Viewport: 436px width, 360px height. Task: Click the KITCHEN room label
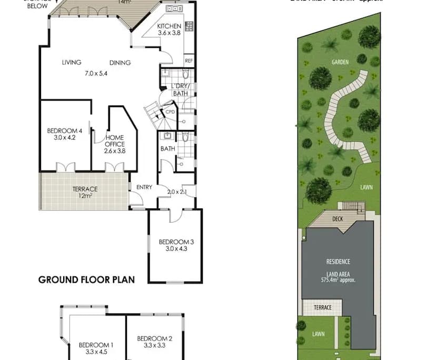169,26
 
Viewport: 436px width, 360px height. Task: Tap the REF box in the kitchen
189,61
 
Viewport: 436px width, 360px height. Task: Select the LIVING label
71,63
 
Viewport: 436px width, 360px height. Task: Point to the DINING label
120,63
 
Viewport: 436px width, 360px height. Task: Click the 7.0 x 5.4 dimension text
96,74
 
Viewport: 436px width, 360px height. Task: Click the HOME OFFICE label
114,141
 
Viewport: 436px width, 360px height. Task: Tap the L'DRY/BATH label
180,89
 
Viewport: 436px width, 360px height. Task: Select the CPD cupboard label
170,112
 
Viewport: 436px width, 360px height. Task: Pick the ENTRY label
144,187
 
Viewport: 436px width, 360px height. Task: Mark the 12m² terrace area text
85,196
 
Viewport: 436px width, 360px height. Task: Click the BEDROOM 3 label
176,242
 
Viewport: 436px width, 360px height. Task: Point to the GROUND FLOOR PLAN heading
86,279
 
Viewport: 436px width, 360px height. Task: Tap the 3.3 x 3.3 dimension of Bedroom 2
155,346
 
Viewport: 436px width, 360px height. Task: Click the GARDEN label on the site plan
340,62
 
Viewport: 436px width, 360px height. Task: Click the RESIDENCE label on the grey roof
338,262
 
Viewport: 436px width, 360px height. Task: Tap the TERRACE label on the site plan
322,307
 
